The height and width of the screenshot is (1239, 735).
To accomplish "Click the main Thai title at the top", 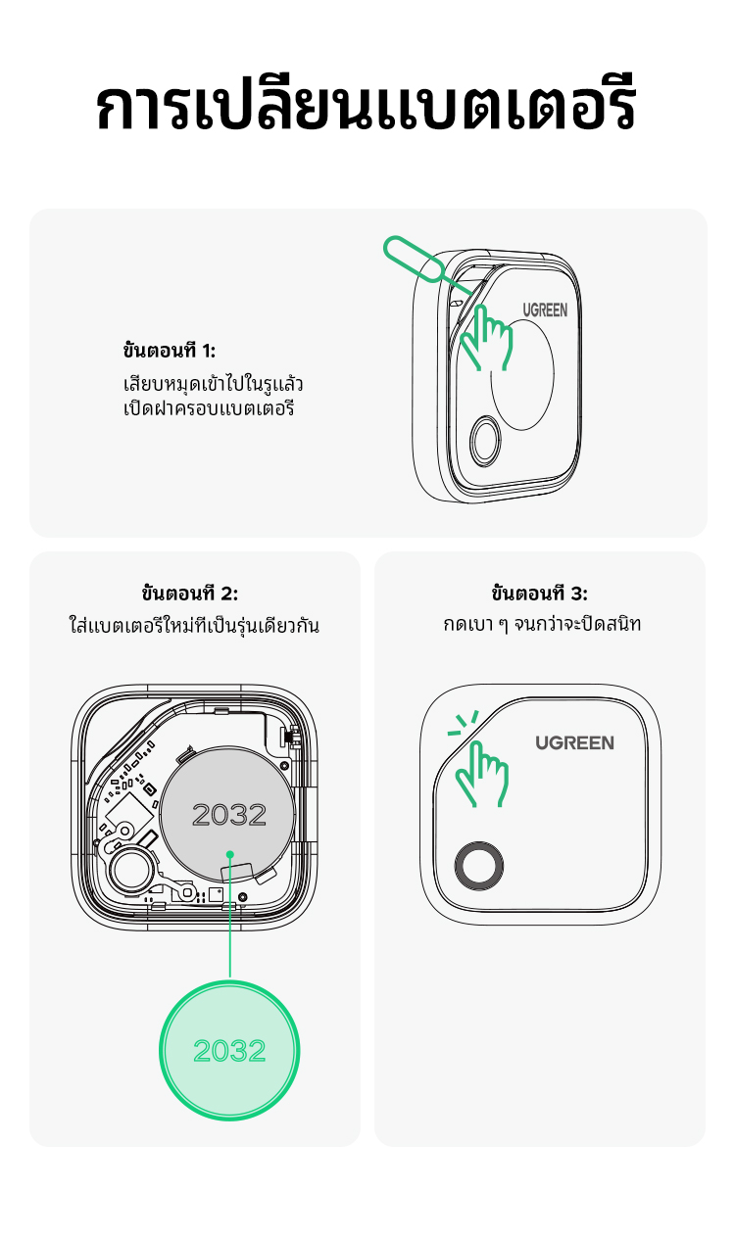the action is tap(366, 103).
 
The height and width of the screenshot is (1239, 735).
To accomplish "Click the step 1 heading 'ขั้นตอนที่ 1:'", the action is tap(170, 350).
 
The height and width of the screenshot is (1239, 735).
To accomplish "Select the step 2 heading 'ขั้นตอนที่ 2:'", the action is tap(190, 593).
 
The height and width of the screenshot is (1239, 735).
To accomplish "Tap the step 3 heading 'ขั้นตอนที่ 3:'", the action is tap(540, 593).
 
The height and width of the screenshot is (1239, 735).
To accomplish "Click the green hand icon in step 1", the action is tap(486, 337).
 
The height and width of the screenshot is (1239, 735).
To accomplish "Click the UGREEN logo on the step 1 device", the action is tap(545, 310).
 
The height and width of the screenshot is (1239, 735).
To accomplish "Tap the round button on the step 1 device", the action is tap(485, 441).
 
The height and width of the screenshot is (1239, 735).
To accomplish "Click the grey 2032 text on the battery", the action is tap(229, 814).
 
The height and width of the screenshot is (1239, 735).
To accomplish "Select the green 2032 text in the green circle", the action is tap(229, 1050).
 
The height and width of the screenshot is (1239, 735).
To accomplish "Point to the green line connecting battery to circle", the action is tap(230, 918).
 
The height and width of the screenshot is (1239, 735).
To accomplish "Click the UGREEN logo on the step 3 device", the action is tap(574, 742).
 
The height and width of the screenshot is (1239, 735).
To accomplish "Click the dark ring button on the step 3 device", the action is tap(479, 866).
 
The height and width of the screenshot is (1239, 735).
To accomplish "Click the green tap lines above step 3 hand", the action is tap(464, 723).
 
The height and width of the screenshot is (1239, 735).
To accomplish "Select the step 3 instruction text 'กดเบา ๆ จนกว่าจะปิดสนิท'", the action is tap(542, 624).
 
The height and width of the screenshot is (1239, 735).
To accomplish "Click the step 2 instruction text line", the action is tap(194, 625).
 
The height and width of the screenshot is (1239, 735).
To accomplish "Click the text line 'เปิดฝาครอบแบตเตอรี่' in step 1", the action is tap(209, 408).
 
